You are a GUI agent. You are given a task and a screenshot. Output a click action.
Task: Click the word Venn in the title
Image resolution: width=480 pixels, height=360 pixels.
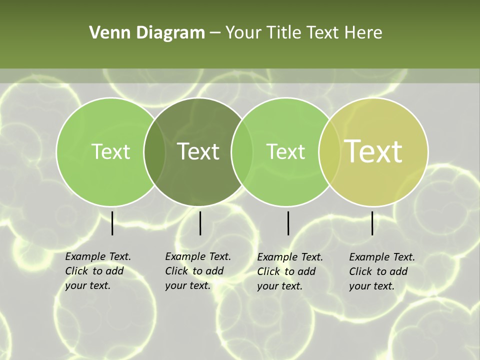click(106, 33)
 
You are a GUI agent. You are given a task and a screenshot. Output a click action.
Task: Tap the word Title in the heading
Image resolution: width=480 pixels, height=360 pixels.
click(286, 33)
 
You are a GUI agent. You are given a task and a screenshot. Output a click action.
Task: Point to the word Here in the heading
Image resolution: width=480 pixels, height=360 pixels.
click(363, 33)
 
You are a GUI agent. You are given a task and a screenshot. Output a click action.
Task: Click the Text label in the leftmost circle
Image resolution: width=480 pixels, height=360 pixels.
click(110, 151)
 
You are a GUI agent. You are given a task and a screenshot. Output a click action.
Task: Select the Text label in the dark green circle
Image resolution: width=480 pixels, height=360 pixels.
click(198, 151)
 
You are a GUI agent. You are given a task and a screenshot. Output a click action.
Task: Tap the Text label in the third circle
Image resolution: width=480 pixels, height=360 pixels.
click(285, 151)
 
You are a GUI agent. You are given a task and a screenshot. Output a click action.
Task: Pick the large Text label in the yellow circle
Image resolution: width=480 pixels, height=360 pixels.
click(373, 151)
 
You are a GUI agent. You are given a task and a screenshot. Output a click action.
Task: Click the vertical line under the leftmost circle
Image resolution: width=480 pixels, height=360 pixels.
click(112, 223)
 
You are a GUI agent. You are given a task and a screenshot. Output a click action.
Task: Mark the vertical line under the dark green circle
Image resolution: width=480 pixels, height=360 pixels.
click(200, 223)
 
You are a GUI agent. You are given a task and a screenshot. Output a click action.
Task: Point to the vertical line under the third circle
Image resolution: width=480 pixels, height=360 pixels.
click(288, 223)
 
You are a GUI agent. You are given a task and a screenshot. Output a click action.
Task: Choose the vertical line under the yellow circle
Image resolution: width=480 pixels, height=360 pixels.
click(372, 223)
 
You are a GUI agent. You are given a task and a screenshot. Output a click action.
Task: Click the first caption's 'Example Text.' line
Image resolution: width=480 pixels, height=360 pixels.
click(98, 256)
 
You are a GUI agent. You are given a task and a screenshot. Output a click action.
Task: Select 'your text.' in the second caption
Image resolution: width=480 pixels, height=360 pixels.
click(187, 285)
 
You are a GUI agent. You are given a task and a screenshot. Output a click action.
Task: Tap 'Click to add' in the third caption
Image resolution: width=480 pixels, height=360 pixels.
click(286, 271)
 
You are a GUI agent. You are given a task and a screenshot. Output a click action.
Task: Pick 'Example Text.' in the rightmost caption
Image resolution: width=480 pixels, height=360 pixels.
click(382, 257)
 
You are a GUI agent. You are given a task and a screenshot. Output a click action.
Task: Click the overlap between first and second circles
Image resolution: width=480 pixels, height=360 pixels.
click(154, 151)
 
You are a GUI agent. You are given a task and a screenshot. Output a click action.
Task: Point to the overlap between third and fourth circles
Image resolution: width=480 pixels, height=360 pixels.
click(329, 151)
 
